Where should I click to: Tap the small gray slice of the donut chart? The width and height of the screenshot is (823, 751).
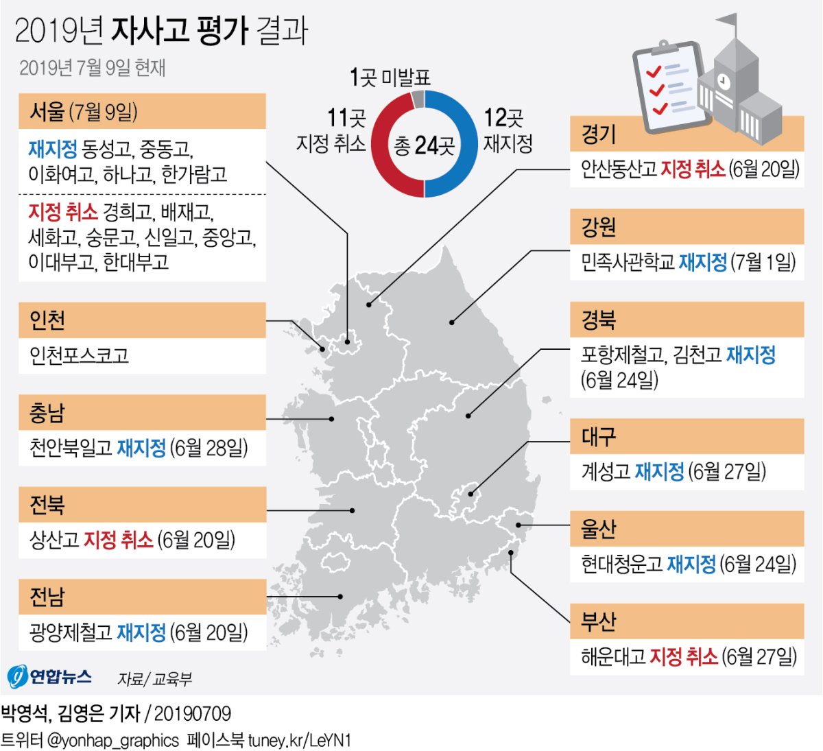click(x=418, y=99)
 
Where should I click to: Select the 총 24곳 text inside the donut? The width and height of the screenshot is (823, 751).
click(x=425, y=145)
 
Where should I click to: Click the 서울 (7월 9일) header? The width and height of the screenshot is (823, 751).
click(x=83, y=112)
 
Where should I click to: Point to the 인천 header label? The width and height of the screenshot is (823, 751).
click(x=47, y=320)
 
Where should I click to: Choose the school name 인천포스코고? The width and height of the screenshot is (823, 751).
click(x=79, y=355)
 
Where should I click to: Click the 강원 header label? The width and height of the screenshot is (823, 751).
click(x=599, y=227)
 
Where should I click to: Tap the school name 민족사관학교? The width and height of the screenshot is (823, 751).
click(x=628, y=262)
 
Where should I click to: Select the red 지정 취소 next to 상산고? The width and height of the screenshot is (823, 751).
click(x=119, y=540)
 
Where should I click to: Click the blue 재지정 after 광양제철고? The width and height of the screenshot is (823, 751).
click(x=141, y=632)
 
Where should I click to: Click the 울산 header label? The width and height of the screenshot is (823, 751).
click(x=599, y=529)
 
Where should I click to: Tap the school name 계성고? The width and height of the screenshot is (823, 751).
click(x=606, y=471)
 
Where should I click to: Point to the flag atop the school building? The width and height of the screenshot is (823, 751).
click(x=728, y=23)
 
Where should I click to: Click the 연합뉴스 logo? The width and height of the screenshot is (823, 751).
click(x=49, y=677)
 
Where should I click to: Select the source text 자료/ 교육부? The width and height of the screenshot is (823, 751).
click(x=154, y=679)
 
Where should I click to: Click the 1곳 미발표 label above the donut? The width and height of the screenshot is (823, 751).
click(x=390, y=78)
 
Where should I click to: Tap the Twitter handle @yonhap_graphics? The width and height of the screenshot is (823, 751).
click(x=112, y=740)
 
